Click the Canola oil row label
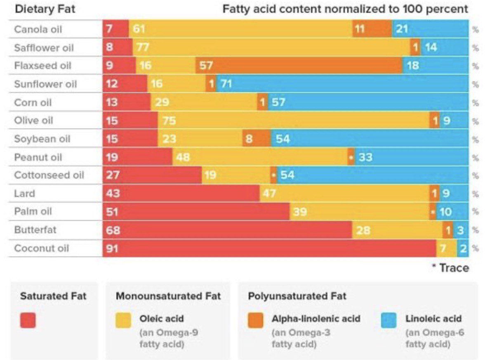(x=38, y=29)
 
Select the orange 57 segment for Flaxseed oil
(x=299, y=66)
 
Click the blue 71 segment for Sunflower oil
(x=342, y=84)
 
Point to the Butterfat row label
(x=36, y=230)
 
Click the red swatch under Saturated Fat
(x=28, y=320)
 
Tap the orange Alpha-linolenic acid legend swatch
(x=256, y=320)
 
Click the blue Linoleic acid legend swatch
(x=389, y=320)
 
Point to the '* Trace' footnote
(x=450, y=268)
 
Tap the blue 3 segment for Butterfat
(x=461, y=230)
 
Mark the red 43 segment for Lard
(x=181, y=194)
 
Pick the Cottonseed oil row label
(x=49, y=175)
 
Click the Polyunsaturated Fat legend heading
(x=297, y=296)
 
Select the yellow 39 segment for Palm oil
(x=359, y=212)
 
